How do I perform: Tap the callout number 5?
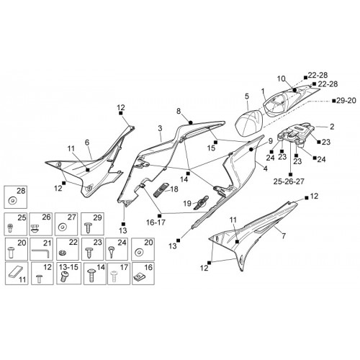coord(247,96)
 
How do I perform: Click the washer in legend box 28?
coord(12,200)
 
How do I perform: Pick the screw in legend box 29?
coord(88,228)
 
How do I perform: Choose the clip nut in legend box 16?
coord(138,277)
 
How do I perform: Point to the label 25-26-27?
coord(289,181)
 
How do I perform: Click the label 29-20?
coord(346,101)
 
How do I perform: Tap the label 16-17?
coord(156,222)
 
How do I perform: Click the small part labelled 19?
coord(201,203)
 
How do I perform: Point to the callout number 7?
coord(284,236)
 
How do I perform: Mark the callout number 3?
coord(160,128)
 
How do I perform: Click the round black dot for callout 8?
coord(191,122)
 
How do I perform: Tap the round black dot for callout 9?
coord(251,150)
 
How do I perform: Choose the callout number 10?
coord(282,78)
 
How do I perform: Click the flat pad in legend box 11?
coord(16,273)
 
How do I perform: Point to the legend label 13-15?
coord(68,267)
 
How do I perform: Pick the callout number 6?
coord(87,143)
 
